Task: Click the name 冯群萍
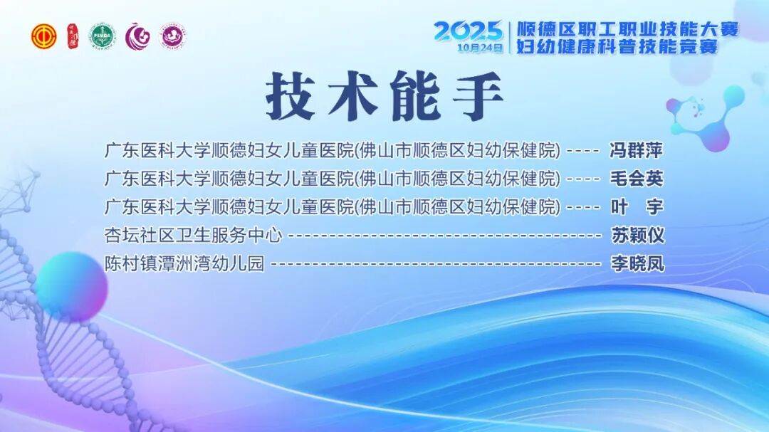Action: tap(636, 150)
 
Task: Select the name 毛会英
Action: tap(636, 179)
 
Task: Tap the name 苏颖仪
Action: tap(637, 236)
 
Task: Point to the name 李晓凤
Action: tap(637, 264)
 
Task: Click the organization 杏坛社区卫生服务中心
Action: tap(193, 236)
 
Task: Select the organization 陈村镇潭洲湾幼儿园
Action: tap(184, 264)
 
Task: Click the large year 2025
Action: tap(469, 31)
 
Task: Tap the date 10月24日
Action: tap(480, 48)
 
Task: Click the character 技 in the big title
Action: tap(291, 95)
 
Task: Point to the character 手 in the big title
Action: tap(478, 95)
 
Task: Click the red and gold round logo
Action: tap(44, 36)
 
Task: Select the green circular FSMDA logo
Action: tap(103, 36)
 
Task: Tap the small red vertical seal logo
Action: tap(73, 36)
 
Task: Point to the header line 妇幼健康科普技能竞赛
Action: tap(617, 46)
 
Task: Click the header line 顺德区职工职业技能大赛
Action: tap(628, 29)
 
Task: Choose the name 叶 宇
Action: tap(637, 207)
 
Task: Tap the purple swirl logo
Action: tap(137, 36)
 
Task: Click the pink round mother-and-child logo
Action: tap(172, 36)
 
